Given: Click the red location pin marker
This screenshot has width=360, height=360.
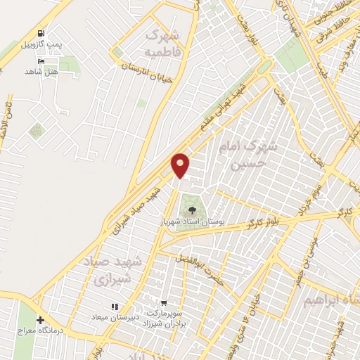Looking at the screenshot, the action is (x=181, y=165).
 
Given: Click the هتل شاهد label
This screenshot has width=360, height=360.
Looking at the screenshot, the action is (x=39, y=71).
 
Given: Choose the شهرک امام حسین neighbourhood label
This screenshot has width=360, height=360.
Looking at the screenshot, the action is (x=253, y=155).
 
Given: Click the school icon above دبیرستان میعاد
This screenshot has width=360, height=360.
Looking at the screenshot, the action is (x=114, y=306).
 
